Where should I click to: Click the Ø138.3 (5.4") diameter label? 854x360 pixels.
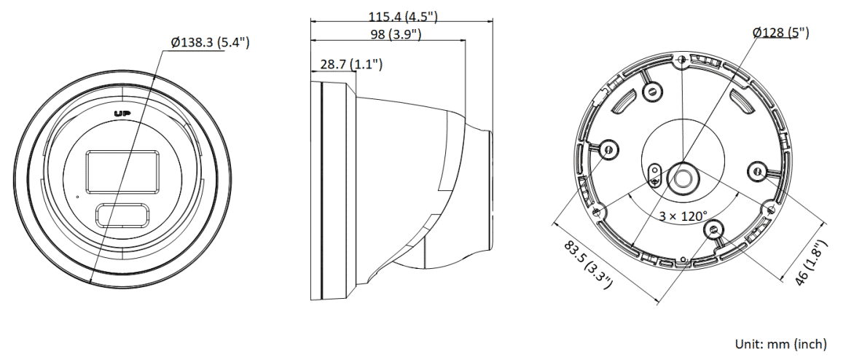[210, 42]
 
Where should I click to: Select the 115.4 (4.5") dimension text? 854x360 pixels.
[402, 16]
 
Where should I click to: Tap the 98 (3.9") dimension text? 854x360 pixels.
[396, 34]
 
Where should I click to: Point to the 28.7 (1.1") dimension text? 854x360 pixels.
[351, 64]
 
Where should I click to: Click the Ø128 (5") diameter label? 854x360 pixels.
[781, 33]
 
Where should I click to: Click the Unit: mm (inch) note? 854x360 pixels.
[780, 344]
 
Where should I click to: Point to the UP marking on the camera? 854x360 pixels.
[121, 113]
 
